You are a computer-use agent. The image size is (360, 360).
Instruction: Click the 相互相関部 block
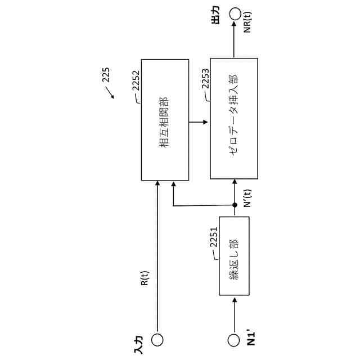165,120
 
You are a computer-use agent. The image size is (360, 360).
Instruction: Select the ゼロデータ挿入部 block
235,119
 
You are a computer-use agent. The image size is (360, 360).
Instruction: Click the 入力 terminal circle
157,340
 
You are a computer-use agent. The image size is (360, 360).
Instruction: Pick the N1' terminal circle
235,340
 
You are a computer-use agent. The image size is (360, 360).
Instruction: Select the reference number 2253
205,89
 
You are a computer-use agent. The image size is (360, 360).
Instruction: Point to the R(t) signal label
145,279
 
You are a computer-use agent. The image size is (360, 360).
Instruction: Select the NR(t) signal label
248,21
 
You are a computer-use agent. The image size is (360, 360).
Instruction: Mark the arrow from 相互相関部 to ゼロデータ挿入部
199,121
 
